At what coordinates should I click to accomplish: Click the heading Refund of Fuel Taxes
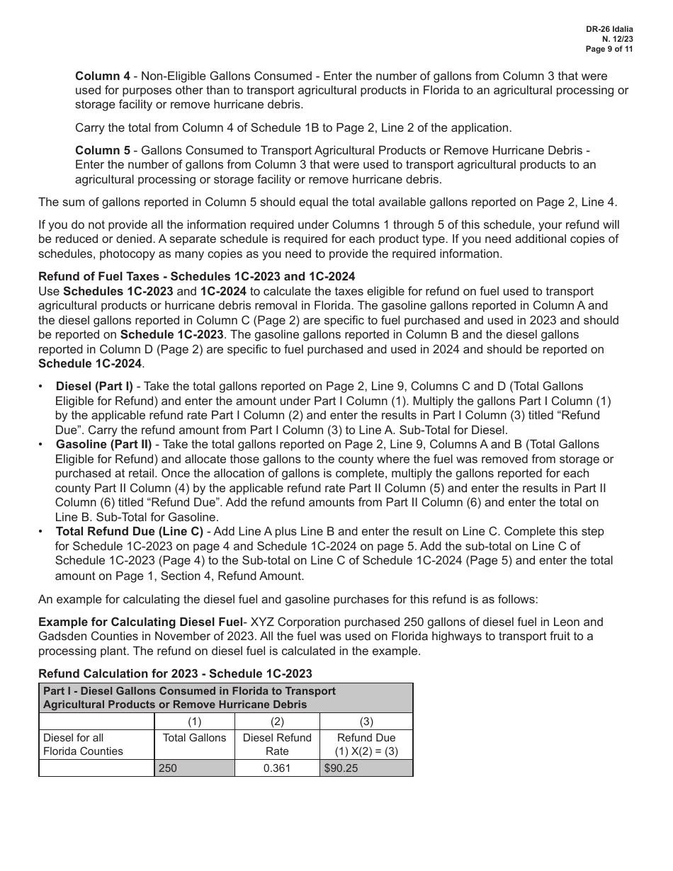pos(196,276)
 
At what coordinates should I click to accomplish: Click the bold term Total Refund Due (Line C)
pos(130,531)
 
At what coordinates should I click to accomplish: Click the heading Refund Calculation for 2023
pos(175,673)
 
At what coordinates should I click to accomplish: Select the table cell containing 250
pos(194,768)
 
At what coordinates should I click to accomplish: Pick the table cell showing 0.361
pos(277,768)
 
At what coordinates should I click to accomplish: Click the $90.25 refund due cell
pos(366,768)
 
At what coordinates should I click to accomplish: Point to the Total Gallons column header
pos(194,738)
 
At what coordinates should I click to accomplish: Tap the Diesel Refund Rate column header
pos(277,744)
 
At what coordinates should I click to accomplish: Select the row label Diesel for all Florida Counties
pos(83,744)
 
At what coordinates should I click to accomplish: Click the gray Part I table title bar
pos(225,698)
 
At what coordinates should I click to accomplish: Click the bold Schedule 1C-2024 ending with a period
pos(91,363)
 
